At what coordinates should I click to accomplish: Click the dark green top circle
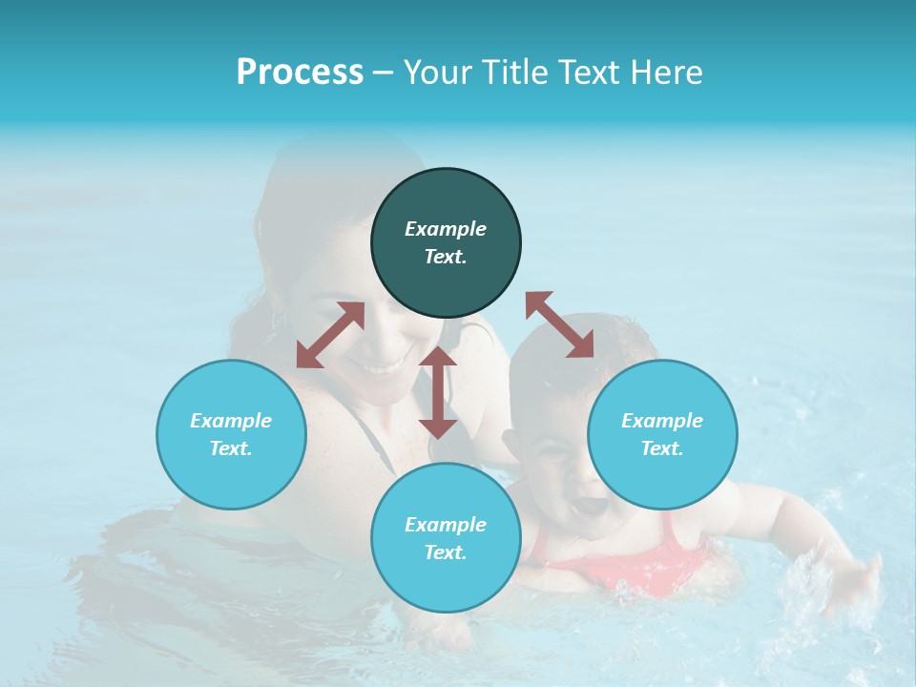coord(446,243)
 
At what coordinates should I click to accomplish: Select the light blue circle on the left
coord(231,434)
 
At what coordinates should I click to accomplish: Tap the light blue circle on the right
coord(662,434)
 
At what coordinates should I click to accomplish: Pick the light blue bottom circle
coord(446,538)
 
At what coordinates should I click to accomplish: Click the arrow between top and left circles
coord(330,335)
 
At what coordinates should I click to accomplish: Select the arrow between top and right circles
coord(560,324)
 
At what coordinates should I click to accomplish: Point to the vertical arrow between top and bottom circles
coord(438,392)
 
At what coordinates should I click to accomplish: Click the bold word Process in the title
coord(300,72)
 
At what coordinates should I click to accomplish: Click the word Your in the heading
coord(438,72)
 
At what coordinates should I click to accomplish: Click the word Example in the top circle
coord(446,229)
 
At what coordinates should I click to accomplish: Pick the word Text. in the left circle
coord(231,448)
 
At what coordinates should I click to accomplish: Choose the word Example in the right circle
coord(662,420)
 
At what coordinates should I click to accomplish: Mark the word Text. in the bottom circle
coord(446,552)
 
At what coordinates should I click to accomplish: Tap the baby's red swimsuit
coord(658,563)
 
